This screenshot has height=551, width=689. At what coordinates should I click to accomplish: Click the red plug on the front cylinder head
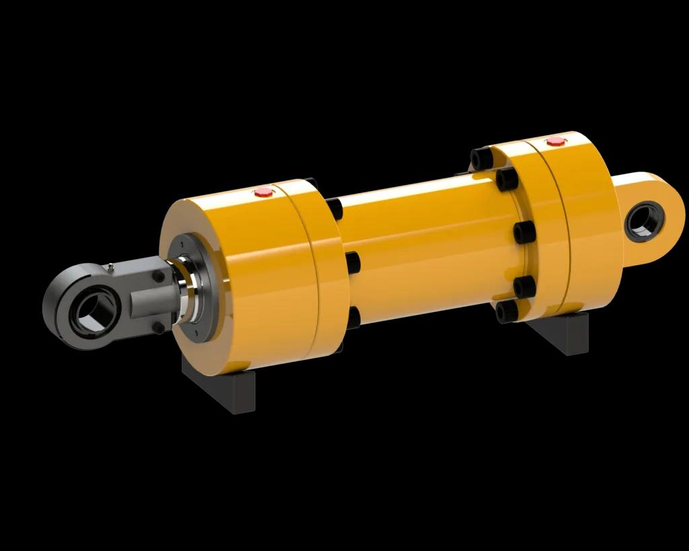click(x=262, y=192)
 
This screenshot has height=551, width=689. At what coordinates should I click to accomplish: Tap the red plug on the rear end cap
click(x=554, y=141)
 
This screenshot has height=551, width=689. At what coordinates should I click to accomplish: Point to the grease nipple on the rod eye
click(x=110, y=267)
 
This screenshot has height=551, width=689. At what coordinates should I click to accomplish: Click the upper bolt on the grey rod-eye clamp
click(x=158, y=276)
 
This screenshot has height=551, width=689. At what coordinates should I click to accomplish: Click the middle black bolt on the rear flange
click(x=525, y=233)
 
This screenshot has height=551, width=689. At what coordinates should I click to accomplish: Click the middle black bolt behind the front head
click(x=351, y=261)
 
